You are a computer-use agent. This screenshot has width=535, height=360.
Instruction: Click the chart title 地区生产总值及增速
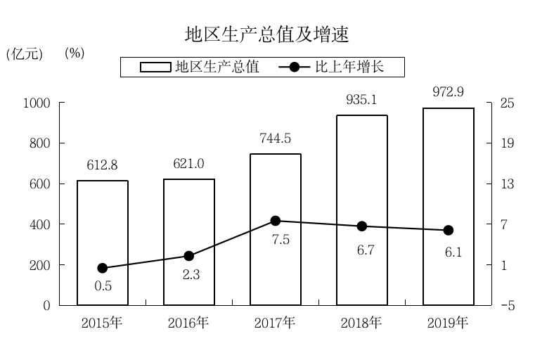(x=266, y=34)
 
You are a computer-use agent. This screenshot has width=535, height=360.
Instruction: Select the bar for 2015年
(x=103, y=243)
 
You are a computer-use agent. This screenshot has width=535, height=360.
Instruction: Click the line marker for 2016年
(x=188, y=256)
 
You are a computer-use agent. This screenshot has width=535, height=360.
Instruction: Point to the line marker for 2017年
(x=276, y=221)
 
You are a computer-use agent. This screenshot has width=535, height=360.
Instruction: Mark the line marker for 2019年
(x=449, y=231)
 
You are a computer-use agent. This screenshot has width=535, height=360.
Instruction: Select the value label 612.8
(x=102, y=166)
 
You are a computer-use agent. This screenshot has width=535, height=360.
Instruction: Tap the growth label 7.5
(x=281, y=240)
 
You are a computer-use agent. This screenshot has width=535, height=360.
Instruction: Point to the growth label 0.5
(x=103, y=286)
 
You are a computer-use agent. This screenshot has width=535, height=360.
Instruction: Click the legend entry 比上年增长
(x=342, y=67)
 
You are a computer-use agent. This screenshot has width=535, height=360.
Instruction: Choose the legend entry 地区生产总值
(x=200, y=67)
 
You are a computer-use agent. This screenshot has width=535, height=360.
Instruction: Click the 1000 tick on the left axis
(x=37, y=103)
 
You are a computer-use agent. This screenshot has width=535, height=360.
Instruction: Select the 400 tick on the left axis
(x=40, y=225)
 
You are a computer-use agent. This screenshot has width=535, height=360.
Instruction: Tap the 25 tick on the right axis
(x=507, y=103)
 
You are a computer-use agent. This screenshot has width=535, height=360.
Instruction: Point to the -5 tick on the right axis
(x=507, y=306)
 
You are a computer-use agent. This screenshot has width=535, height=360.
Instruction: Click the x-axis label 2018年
(x=361, y=323)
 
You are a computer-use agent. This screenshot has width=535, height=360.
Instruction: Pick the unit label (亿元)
(x=25, y=54)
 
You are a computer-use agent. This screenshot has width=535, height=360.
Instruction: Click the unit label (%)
(x=75, y=53)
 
